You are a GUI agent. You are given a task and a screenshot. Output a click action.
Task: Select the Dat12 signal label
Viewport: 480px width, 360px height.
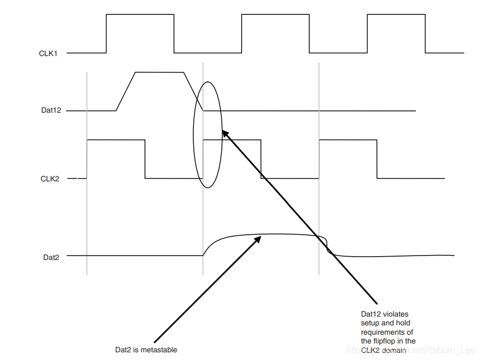[x=51, y=110]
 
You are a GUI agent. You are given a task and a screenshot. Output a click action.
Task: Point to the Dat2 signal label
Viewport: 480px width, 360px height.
[x=51, y=256]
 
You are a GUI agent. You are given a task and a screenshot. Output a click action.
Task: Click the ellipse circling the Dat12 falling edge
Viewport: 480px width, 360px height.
[x=194, y=135]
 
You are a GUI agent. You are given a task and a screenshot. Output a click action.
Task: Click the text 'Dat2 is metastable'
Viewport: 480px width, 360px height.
[x=146, y=350]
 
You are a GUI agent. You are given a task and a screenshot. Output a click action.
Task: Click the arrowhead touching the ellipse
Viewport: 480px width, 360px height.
[x=224, y=132]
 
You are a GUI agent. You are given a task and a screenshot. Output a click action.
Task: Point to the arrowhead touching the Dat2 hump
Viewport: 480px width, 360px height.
[x=259, y=239]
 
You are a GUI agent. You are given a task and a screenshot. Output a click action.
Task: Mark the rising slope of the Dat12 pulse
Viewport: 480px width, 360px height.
[x=126, y=91]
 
